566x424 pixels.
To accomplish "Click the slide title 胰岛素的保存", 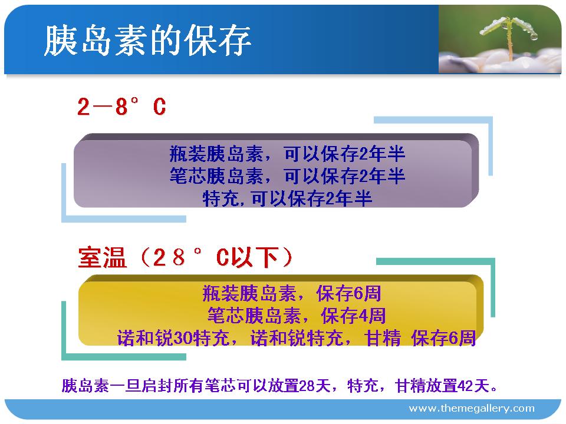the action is (147, 41).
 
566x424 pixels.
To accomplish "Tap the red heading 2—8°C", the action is (121, 107).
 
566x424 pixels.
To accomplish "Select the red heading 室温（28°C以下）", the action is (185, 257).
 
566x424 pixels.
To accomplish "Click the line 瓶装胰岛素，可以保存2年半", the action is (287, 154).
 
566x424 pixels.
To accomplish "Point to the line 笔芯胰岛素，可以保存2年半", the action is (287, 176).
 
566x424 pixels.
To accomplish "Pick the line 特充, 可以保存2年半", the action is (287, 198).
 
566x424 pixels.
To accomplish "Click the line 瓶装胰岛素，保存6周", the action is (292, 293).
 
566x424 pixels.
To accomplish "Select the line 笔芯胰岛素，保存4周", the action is (297, 316).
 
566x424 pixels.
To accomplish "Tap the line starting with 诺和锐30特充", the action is (297, 338).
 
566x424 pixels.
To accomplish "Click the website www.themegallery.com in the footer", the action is (472, 409).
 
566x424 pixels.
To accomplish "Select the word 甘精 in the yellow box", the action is (382, 338).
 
